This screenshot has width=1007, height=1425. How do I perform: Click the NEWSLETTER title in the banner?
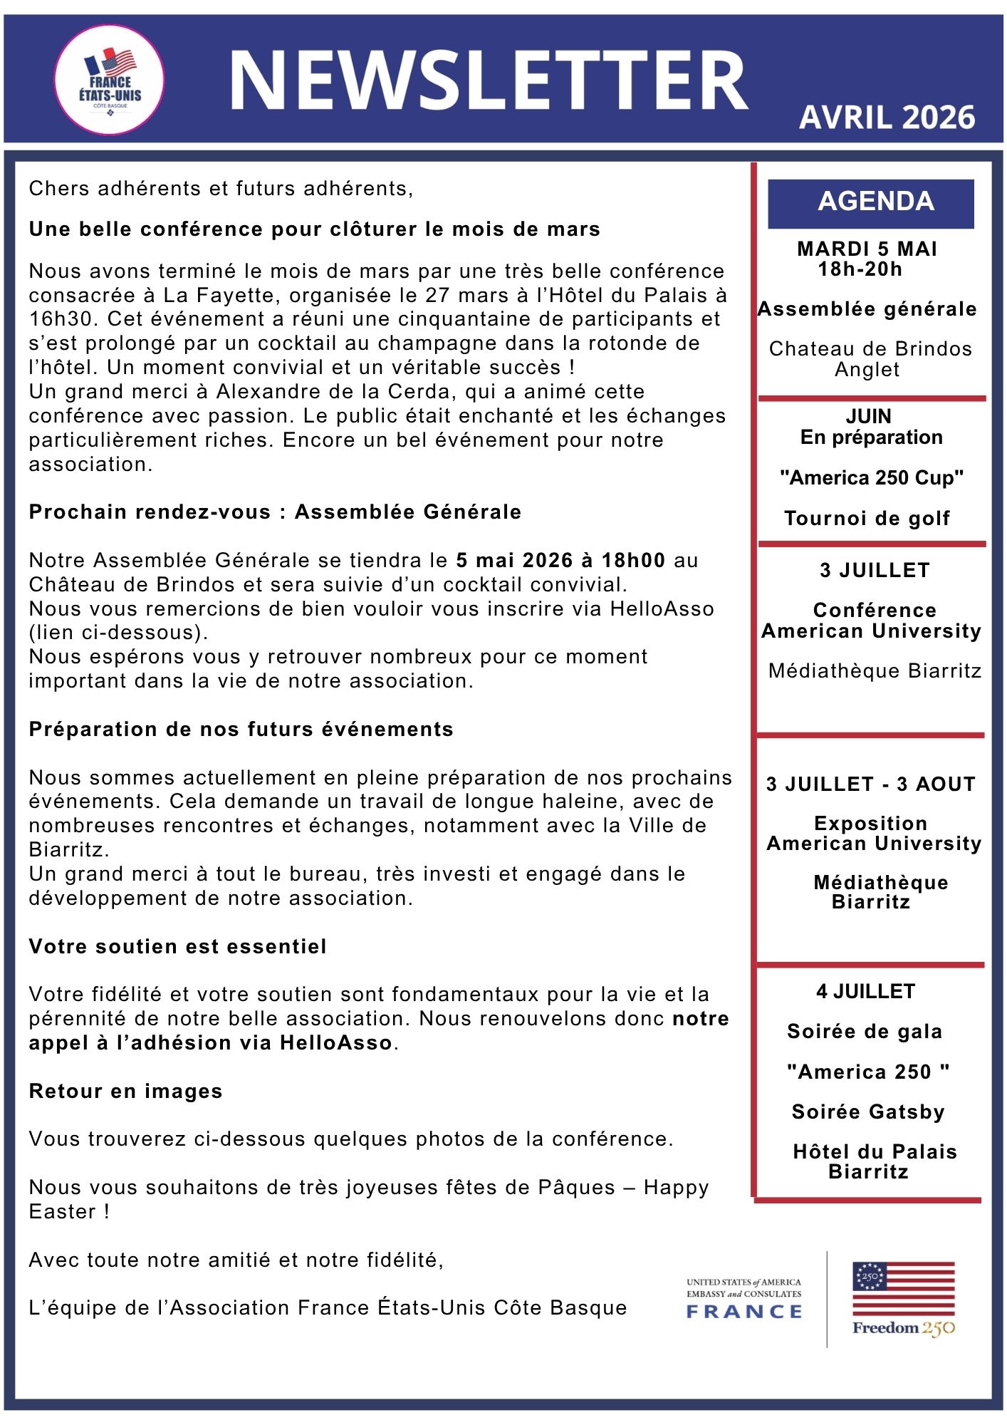click(x=488, y=80)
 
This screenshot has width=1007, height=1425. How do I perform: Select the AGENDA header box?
click(x=870, y=202)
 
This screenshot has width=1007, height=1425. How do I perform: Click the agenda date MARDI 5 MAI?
click(x=867, y=249)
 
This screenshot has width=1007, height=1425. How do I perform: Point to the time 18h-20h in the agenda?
click(x=860, y=269)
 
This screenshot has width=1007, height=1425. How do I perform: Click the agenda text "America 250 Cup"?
click(x=871, y=477)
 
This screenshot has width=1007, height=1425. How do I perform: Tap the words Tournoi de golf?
click(x=867, y=518)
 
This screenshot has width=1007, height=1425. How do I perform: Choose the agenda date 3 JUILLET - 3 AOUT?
click(x=870, y=784)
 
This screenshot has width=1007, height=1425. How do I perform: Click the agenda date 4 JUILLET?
click(x=865, y=991)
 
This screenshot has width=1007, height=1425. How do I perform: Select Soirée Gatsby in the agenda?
click(x=867, y=1111)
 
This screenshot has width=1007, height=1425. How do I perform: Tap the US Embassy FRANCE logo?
click(x=744, y=1298)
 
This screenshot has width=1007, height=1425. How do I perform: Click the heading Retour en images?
click(x=125, y=1091)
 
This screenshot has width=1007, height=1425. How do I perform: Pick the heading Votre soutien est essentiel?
click(x=177, y=946)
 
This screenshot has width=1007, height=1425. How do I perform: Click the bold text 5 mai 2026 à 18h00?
click(x=560, y=560)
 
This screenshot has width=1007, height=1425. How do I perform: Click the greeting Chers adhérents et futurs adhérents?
click(x=221, y=188)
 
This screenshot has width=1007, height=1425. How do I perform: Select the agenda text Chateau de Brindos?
click(x=870, y=348)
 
